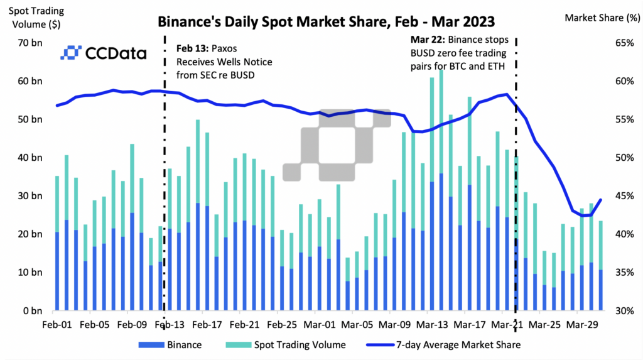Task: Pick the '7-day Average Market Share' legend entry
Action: pyautogui.click(x=458, y=344)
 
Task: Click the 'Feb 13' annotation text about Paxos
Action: pyautogui.click(x=217, y=62)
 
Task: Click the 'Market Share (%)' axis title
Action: pyautogui.click(x=602, y=18)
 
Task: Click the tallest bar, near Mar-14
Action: pyautogui.click(x=441, y=188)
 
